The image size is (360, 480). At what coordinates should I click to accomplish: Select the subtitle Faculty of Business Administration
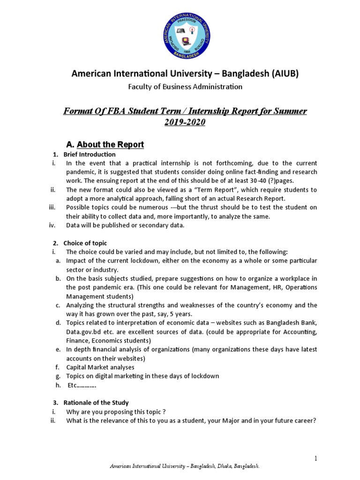tap(185, 87)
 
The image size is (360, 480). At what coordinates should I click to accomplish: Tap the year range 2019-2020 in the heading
tap(185, 122)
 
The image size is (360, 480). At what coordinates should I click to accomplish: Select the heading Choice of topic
tap(86, 243)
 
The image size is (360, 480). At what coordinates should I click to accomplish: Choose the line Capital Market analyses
tap(100, 367)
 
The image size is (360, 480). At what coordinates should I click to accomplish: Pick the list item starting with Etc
tap(82, 385)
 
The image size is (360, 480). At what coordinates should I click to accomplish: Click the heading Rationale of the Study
tap(97, 403)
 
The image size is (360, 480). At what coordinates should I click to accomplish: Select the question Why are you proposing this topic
tap(116, 412)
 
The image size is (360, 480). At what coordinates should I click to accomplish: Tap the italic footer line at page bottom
tap(184, 467)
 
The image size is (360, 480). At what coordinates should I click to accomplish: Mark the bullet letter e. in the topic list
tap(58, 350)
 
